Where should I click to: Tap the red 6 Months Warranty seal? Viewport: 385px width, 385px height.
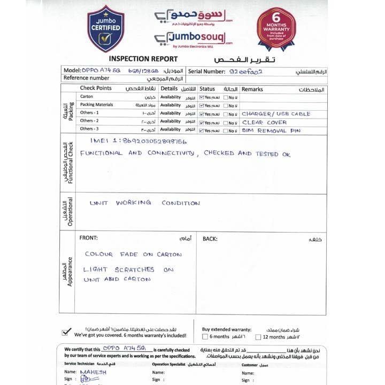[276, 27]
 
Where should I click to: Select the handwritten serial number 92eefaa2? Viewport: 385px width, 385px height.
[247, 71]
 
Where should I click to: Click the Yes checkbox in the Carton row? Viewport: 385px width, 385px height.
[201, 97]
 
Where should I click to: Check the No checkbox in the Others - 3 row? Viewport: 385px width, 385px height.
[226, 130]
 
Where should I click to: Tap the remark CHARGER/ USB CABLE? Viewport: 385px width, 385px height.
[276, 114]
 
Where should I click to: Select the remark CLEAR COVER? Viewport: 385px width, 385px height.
[264, 122]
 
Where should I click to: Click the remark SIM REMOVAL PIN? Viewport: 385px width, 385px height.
[272, 130]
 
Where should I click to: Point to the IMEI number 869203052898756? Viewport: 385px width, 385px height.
[138, 142]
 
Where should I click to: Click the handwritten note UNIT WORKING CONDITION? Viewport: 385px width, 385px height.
[145, 203]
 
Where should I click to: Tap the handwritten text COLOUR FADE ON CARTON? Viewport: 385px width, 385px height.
[133, 254]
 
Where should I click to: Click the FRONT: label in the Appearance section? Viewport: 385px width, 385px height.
[89, 237]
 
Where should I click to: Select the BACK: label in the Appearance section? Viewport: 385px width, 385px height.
[210, 238]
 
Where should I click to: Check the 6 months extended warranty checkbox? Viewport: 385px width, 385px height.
[205, 337]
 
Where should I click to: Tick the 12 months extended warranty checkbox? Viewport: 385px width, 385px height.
[258, 337]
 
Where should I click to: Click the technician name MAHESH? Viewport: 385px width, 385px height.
[93, 372]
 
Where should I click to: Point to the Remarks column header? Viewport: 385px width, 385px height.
[252, 89]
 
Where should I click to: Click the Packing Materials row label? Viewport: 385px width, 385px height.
[96, 105]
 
